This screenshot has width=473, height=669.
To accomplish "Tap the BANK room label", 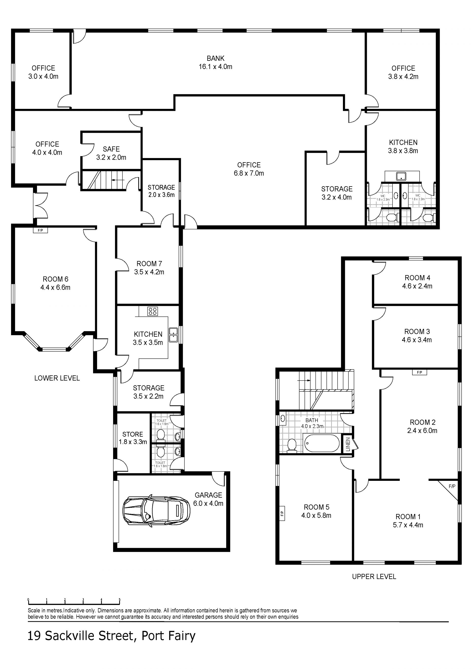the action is [216, 59].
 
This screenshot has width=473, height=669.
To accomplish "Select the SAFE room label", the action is [111, 149].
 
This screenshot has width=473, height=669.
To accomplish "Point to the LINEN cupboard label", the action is [348, 444].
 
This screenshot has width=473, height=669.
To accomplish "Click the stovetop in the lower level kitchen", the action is [152, 311].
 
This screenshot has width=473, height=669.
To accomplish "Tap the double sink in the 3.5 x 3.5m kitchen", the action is [173, 335].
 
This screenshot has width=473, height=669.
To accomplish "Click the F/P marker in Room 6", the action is [40, 231].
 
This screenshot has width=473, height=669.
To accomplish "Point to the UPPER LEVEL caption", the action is [374, 576].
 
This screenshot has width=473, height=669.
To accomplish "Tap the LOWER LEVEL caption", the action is [57, 378].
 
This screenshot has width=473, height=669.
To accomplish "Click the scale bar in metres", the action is [74, 602].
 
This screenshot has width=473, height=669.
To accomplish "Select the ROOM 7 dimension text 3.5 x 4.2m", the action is [149, 272].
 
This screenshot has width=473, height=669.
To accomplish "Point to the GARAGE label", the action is [208, 495].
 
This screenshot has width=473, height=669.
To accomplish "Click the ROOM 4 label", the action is [417, 278].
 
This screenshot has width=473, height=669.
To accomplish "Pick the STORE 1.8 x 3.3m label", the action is [133, 438].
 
